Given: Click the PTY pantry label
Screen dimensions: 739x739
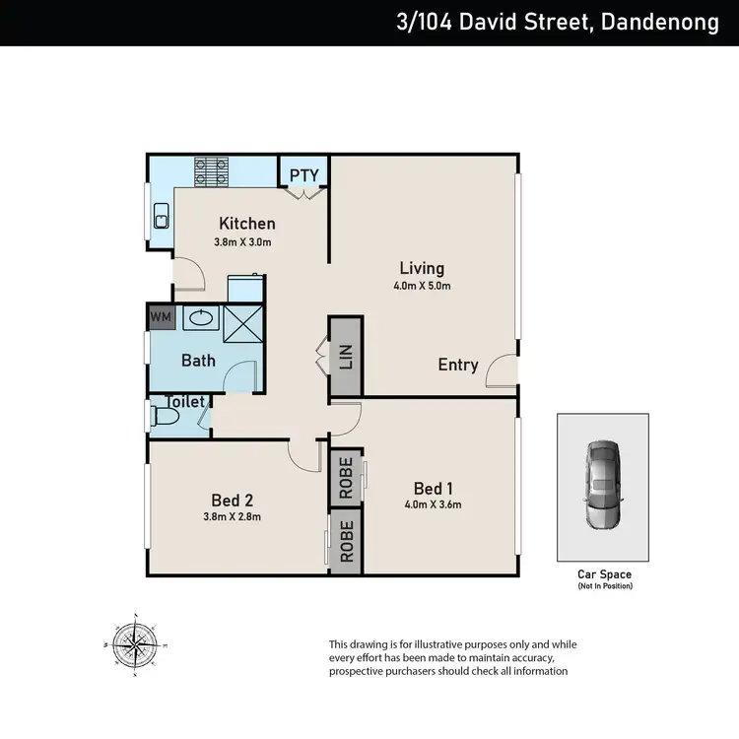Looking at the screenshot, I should [x=303, y=175].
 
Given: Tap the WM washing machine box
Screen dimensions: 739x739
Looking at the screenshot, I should [x=160, y=318].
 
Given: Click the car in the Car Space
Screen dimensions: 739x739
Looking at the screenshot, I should [x=603, y=486].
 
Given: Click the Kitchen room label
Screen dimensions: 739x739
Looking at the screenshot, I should [x=246, y=224].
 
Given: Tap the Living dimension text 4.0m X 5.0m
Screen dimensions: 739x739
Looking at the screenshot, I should [x=423, y=287].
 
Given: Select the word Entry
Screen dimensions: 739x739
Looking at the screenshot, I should [x=458, y=365].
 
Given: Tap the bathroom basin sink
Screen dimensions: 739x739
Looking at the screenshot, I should [x=202, y=318].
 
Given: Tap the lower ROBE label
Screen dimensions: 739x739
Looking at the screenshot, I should [x=346, y=541].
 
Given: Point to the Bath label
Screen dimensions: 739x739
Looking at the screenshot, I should [x=198, y=360].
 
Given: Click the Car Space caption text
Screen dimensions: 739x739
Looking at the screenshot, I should [x=604, y=573].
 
